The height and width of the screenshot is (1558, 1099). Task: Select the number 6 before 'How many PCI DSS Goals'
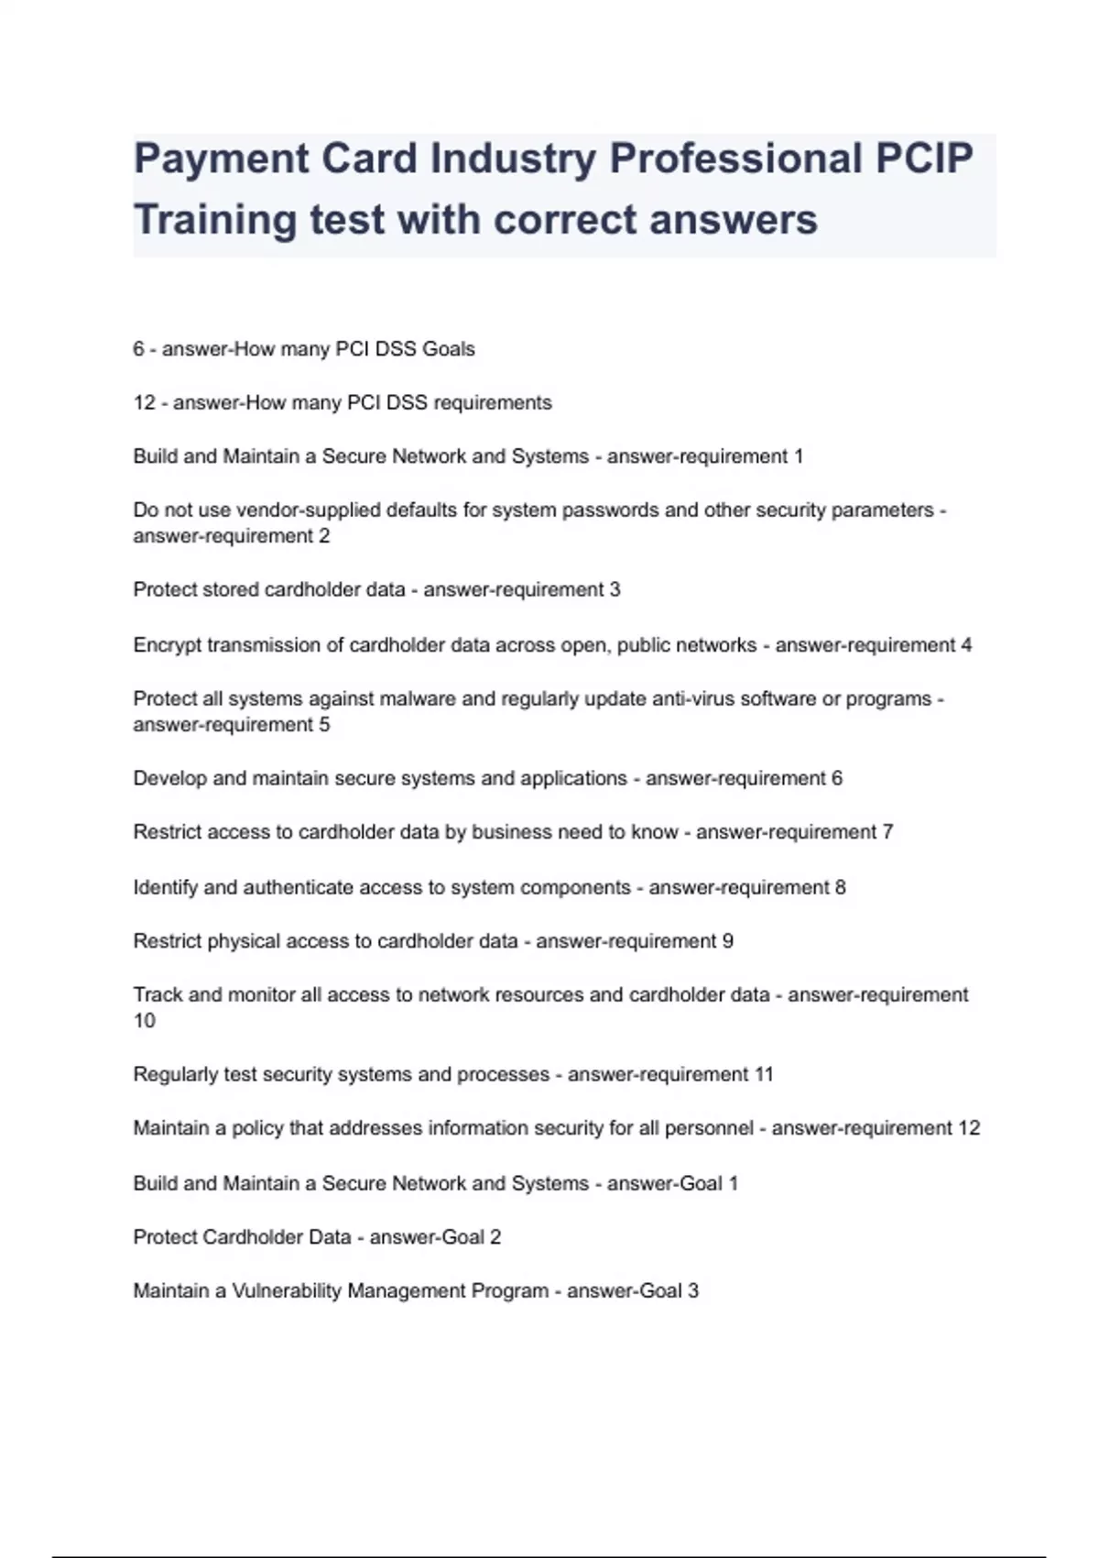coord(138,349)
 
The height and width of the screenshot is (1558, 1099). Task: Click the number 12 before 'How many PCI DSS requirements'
coord(144,403)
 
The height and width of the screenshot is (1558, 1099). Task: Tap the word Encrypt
coord(167,645)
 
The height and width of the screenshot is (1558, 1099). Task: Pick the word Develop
coord(169,779)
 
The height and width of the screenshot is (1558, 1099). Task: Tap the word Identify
coord(166,888)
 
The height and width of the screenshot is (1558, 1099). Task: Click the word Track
coord(158,995)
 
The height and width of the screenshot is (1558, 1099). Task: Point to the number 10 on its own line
coord(144,1021)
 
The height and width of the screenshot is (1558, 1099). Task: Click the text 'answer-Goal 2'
coord(435,1237)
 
